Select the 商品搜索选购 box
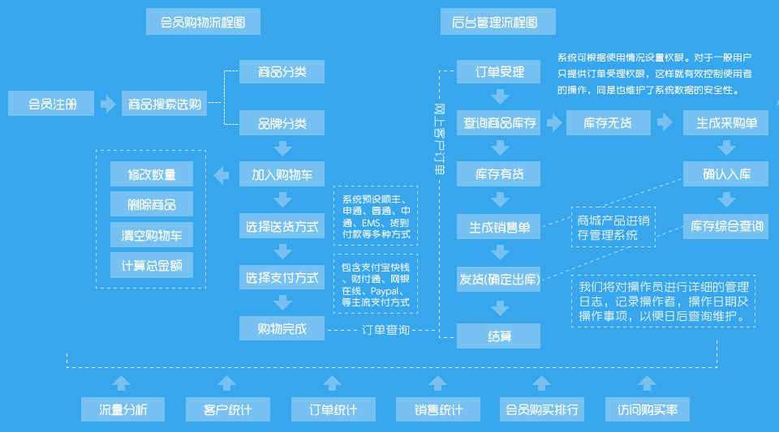tap(165, 104)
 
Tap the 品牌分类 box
tap(282, 123)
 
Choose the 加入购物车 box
tap(282, 174)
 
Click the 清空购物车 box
tap(152, 235)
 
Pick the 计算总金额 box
tap(152, 265)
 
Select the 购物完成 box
tap(282, 328)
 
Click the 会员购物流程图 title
tap(203, 22)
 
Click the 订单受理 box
tap(500, 72)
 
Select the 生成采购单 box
tap(726, 123)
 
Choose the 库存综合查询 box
tap(726, 226)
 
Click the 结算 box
tap(500, 336)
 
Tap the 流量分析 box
tap(123, 409)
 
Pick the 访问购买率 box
tap(647, 409)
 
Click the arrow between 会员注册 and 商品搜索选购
tap(108, 104)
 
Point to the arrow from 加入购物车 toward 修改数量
tap(220, 174)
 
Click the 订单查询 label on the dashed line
tap(385, 330)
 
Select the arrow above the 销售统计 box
tap(437, 383)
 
